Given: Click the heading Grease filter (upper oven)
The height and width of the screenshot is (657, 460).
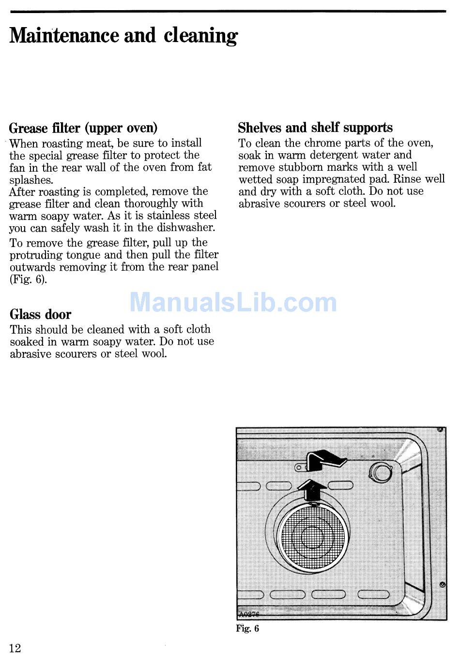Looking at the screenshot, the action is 83,128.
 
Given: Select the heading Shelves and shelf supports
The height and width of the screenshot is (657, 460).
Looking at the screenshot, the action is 315,128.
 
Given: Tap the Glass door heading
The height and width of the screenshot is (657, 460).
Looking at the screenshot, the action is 41,315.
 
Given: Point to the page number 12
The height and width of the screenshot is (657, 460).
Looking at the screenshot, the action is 15,648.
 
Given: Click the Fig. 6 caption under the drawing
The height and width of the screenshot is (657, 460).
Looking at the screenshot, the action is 247,628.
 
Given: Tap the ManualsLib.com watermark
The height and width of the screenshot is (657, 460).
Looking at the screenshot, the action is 233,303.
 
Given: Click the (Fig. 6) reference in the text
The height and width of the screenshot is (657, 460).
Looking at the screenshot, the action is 29,279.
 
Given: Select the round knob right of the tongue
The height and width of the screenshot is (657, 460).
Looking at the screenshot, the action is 381,472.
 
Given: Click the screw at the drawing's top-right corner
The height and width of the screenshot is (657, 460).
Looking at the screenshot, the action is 440,429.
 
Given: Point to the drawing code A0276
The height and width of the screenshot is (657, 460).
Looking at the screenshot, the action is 248,614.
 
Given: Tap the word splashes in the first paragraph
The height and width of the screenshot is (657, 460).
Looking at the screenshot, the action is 31,180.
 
